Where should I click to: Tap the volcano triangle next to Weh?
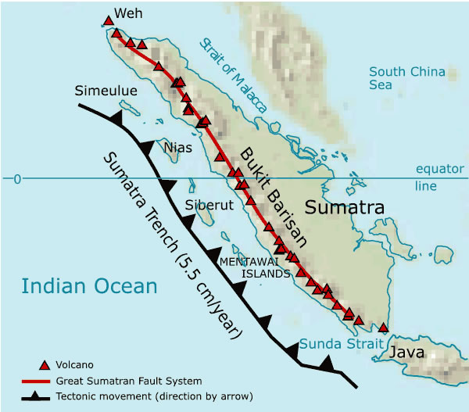coord(109,20)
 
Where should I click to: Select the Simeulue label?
coord(106,91)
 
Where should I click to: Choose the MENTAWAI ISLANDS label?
coord(255,267)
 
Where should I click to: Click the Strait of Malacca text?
coord(234,75)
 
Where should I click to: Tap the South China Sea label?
coord(406,78)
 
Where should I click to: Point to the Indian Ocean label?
coord(89,286)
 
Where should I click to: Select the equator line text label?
coord(439,177)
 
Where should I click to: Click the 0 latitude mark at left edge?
coord(16,180)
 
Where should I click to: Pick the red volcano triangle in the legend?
coord(45,365)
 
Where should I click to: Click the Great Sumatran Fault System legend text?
coord(129,381)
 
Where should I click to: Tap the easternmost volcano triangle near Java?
coord(383,327)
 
